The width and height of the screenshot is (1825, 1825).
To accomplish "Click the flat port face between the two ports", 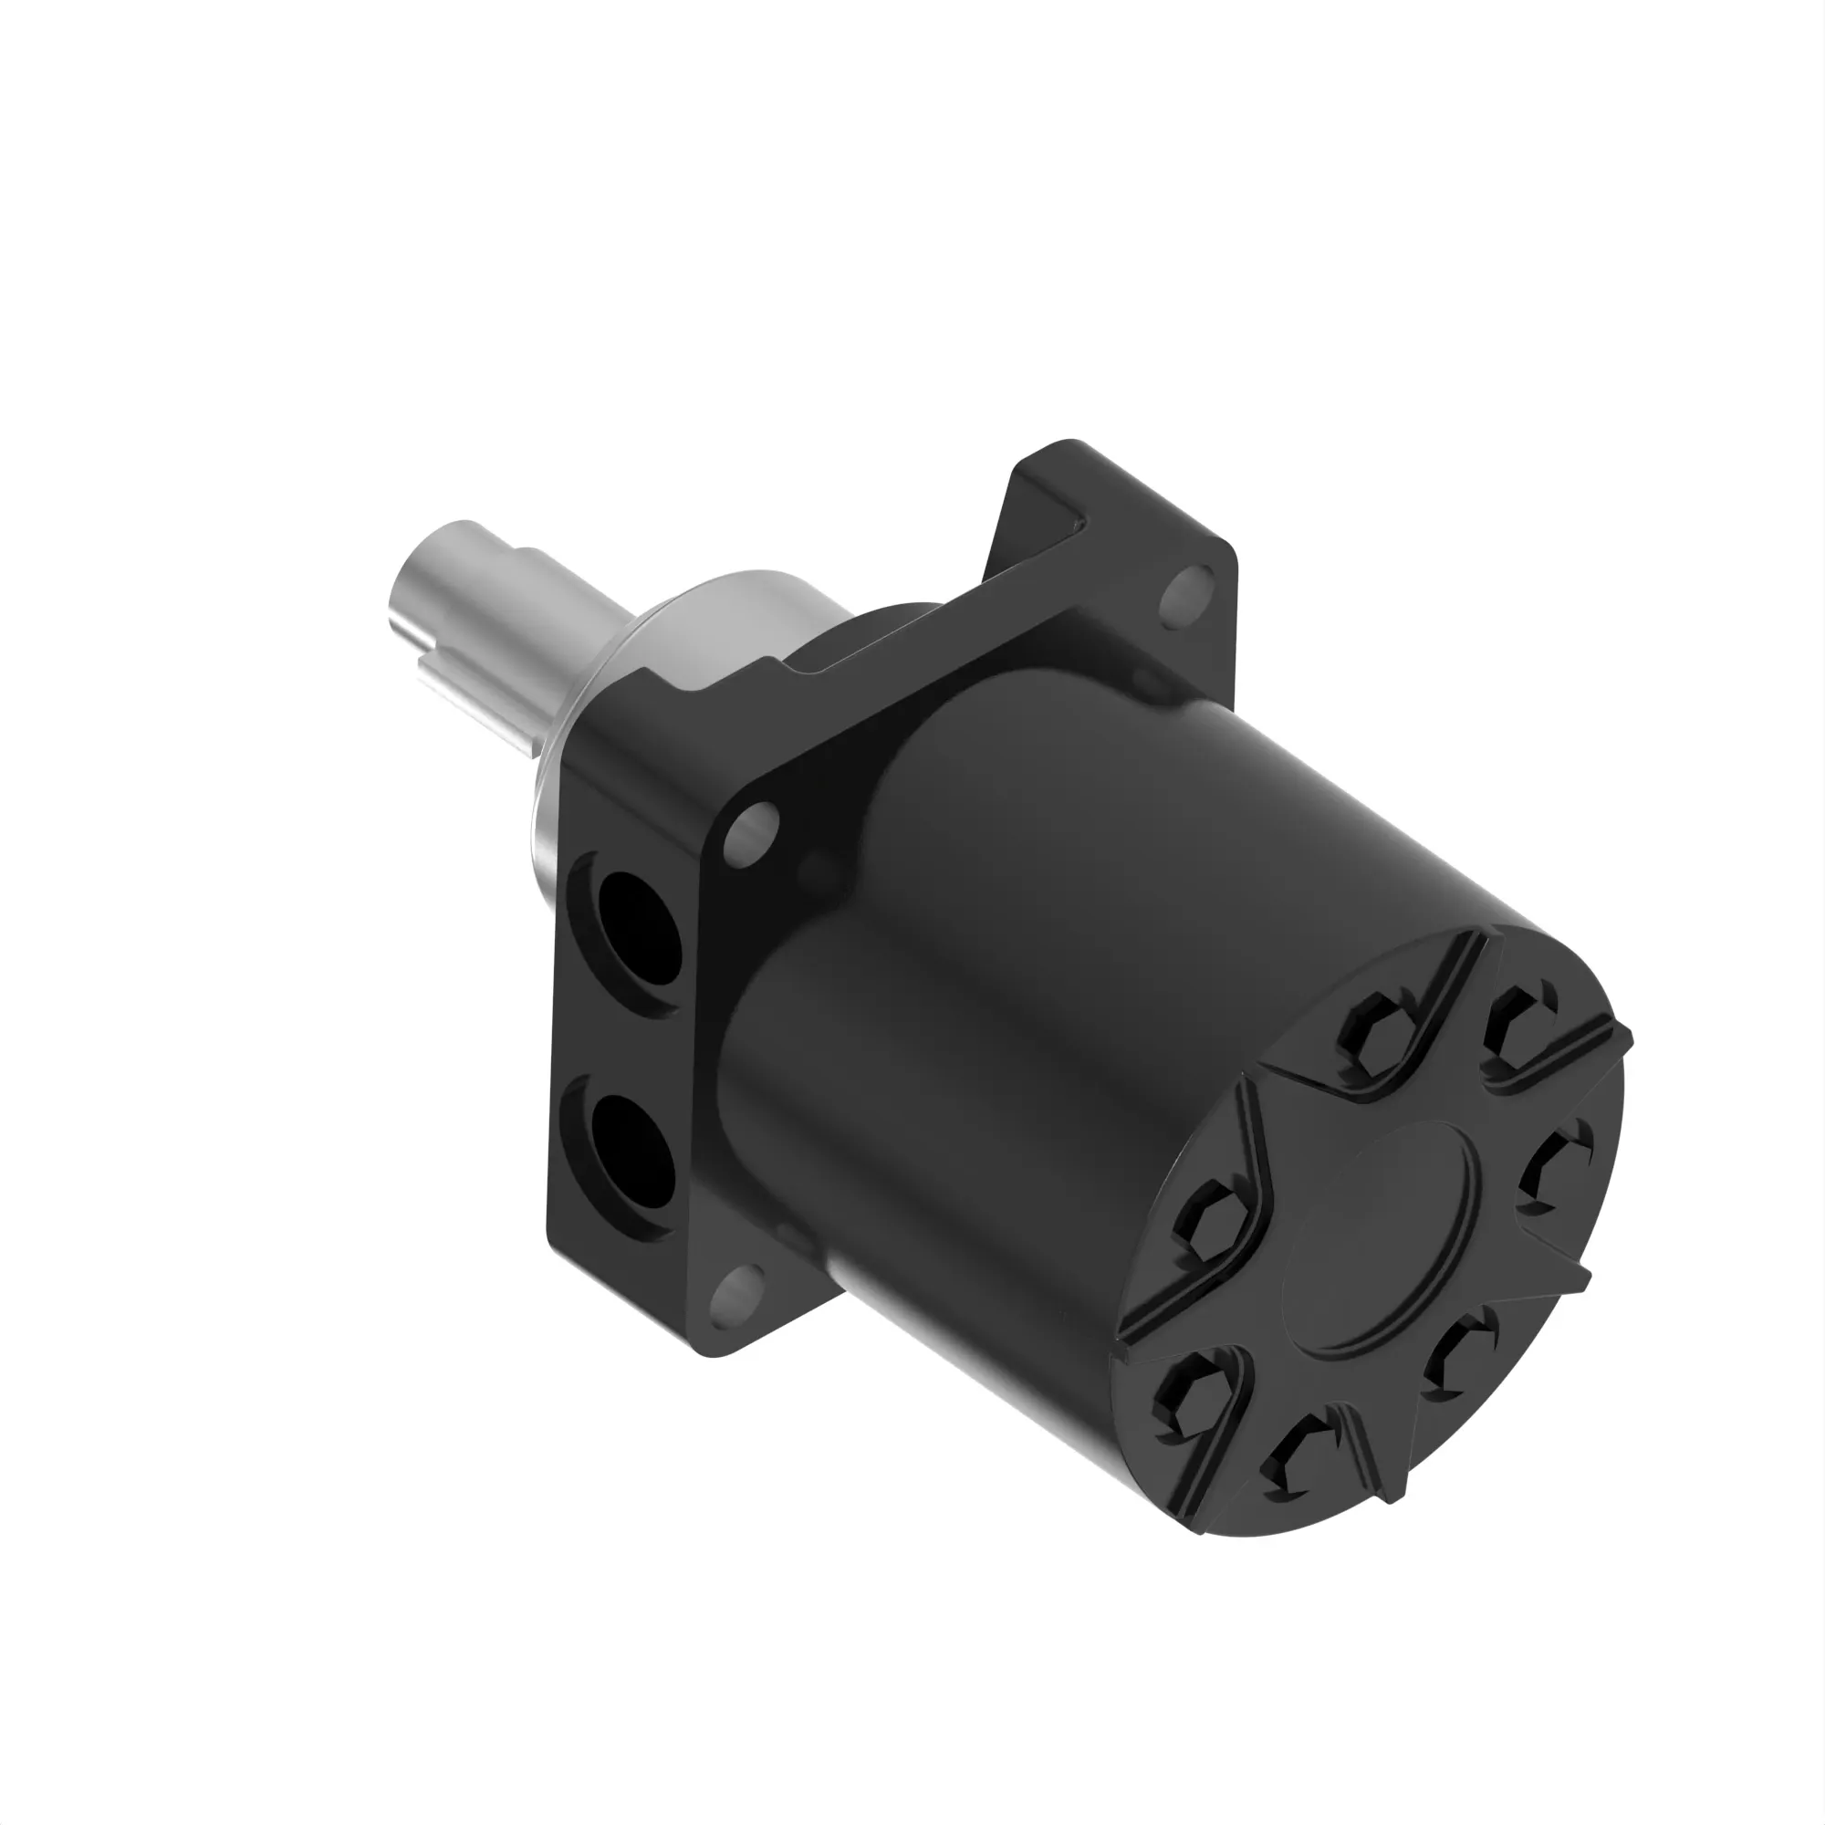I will point(628,1039).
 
